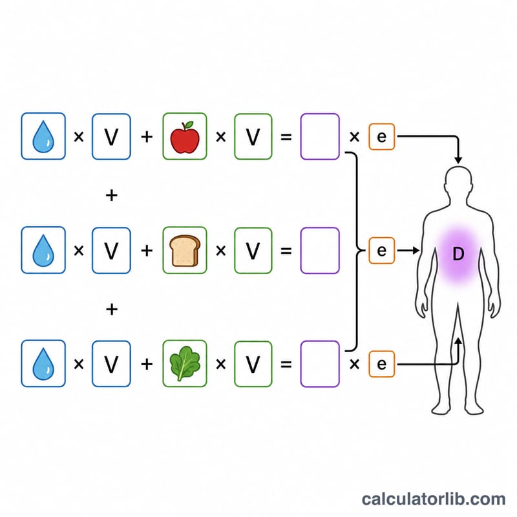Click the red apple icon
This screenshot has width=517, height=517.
click(x=185, y=138)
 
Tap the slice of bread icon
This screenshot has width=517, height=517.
click(x=185, y=251)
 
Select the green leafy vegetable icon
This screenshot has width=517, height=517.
click(x=185, y=364)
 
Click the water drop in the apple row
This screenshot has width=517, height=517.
click(x=43, y=137)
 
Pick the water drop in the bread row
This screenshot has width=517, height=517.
click(x=43, y=251)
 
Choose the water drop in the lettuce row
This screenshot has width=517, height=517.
click(x=43, y=364)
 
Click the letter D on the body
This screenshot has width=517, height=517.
click(x=458, y=254)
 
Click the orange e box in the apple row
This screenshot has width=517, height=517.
click(x=381, y=136)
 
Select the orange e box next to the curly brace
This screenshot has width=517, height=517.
click(x=381, y=251)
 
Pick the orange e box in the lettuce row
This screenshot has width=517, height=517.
click(x=381, y=364)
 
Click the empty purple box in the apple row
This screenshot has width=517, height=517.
click(x=320, y=136)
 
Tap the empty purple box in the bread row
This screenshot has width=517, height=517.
click(x=320, y=251)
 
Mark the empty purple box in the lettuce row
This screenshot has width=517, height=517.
click(x=320, y=364)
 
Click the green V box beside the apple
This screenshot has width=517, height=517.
click(x=253, y=136)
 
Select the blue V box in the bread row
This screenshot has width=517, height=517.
click(x=111, y=251)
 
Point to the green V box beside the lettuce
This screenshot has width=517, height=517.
click(x=253, y=364)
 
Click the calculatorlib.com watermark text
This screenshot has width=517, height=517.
click(x=434, y=499)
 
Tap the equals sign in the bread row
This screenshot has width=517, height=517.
click(x=286, y=251)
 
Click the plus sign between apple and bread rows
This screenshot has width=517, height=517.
click(x=112, y=195)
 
